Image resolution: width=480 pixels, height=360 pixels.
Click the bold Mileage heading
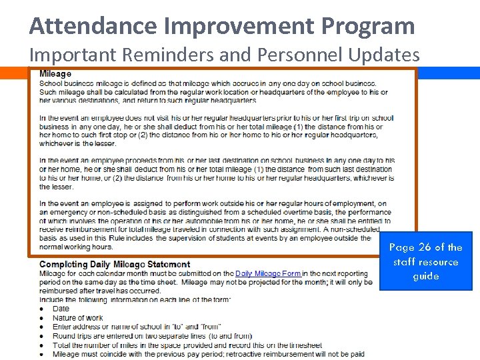pyautogui.click(x=55, y=73)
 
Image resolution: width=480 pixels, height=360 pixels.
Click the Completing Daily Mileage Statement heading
pyautogui.click(x=115, y=265)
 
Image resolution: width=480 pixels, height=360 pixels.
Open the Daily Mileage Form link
pyautogui.click(x=268, y=273)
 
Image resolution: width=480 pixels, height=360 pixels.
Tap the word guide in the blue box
pyautogui.click(x=425, y=276)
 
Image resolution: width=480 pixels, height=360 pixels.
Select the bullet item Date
pyautogui.click(x=61, y=309)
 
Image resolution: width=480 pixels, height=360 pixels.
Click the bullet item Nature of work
pyautogui.click(x=77, y=318)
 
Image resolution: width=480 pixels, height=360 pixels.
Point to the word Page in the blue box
pyautogui.click(x=401, y=247)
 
